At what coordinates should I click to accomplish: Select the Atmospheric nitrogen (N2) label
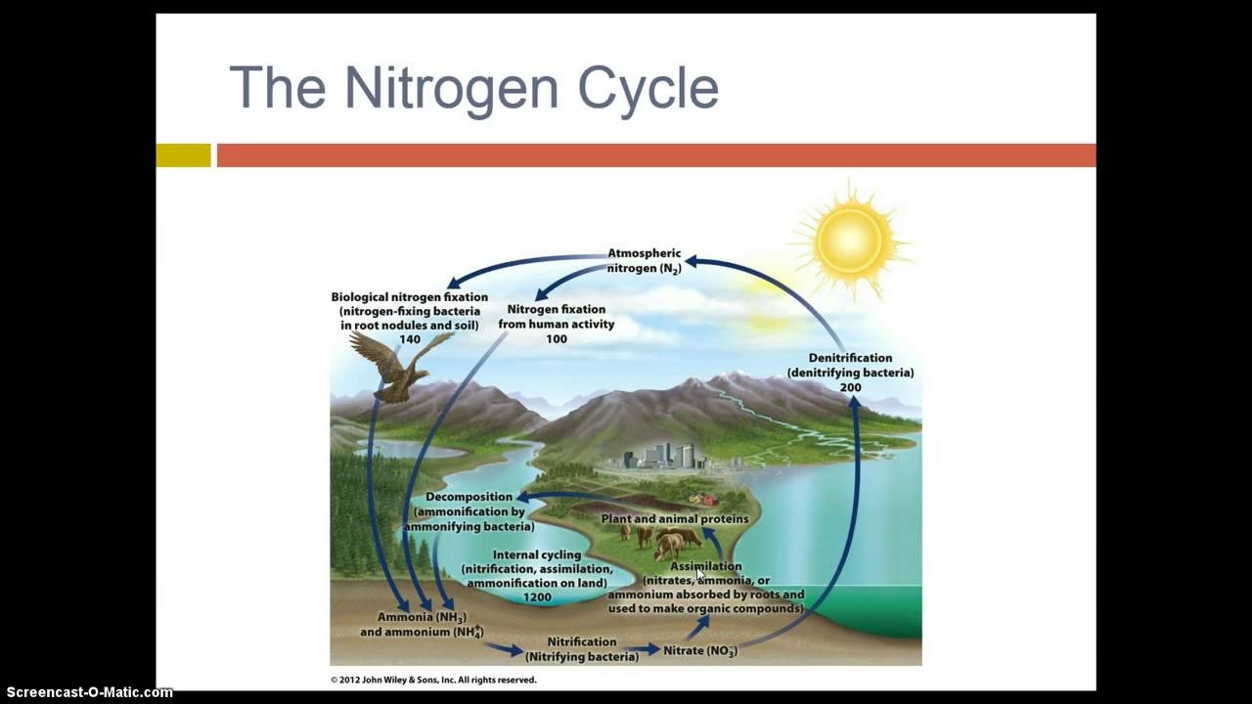coord(644,261)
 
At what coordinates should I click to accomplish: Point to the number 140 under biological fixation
coord(409,339)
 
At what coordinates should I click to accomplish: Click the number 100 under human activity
coord(556,339)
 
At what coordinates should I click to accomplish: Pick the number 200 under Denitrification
coord(850,388)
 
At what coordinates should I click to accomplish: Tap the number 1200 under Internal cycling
coord(536,597)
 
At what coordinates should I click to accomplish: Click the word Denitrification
coord(850,358)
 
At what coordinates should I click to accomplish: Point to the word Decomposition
coord(469,497)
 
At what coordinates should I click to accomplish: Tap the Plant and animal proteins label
coord(674,519)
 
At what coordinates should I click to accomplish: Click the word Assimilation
coord(705,566)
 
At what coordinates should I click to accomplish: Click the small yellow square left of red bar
coord(183,155)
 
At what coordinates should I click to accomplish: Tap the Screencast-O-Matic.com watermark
coord(87,692)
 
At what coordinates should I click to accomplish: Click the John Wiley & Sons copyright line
coord(432,680)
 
